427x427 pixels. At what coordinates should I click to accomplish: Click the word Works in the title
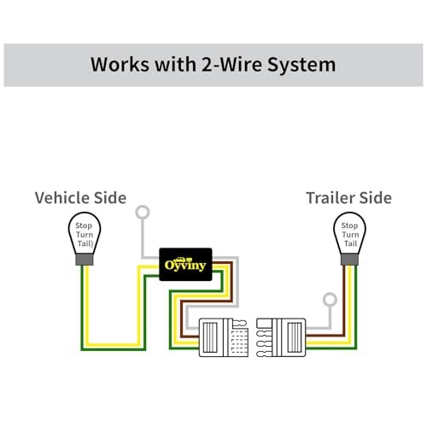(120, 64)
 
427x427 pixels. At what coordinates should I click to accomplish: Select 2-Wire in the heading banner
(231, 64)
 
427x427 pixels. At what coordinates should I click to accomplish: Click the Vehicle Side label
(80, 198)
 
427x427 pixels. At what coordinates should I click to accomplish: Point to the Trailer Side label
(348, 198)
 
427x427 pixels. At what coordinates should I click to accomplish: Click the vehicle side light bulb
(85, 238)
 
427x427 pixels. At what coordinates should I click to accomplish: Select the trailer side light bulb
(349, 238)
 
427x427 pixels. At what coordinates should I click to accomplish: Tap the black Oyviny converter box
(185, 265)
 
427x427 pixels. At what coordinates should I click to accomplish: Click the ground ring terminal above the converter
(143, 212)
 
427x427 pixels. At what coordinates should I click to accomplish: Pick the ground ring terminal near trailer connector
(330, 300)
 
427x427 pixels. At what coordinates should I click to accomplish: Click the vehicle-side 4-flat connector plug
(224, 337)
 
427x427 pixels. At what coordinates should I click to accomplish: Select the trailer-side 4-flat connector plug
(281, 337)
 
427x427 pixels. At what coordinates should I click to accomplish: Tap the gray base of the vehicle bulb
(85, 260)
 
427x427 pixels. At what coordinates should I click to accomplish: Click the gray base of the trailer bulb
(349, 260)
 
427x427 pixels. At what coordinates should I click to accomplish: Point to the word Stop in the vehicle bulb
(84, 225)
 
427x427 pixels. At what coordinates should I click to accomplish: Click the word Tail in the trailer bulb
(350, 243)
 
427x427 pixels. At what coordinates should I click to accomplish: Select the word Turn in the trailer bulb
(350, 235)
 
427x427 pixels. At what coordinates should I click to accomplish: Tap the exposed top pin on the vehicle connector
(240, 324)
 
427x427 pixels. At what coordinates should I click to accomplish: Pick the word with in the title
(175, 64)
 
